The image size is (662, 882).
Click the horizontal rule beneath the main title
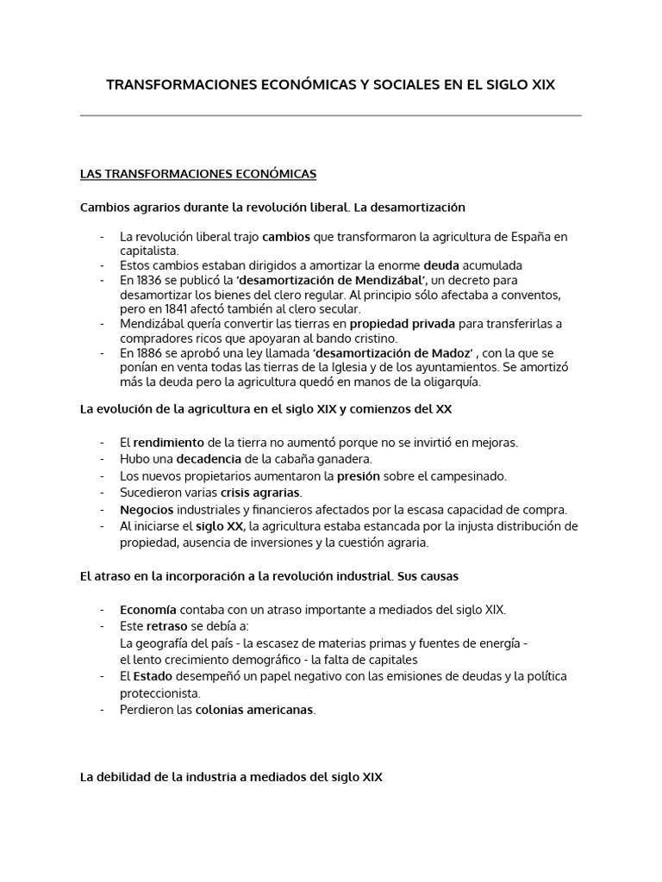click(x=330, y=115)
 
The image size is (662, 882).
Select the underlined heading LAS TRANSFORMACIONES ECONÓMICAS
click(x=198, y=174)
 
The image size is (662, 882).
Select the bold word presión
click(x=359, y=475)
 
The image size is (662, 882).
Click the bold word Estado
click(x=153, y=676)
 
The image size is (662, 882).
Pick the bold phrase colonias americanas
click(x=254, y=710)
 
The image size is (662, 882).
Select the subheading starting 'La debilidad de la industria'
click(x=230, y=777)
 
